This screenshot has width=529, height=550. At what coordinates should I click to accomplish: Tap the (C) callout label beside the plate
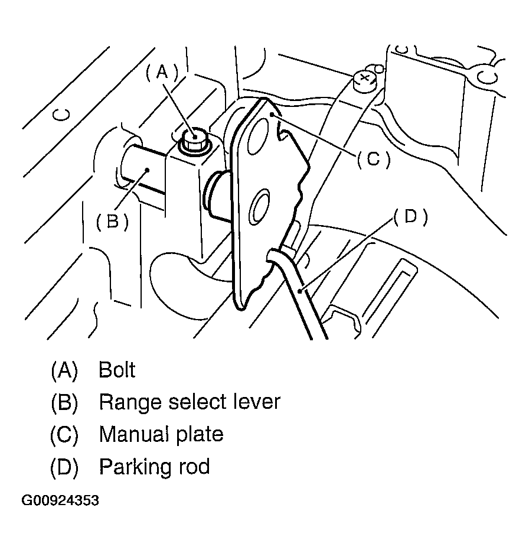pos(373,160)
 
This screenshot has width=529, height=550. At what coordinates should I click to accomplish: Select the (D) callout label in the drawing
pos(410,217)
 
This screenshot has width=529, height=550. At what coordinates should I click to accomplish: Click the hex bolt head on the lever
pos(193,139)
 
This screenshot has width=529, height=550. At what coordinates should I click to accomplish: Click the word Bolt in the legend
pos(117,370)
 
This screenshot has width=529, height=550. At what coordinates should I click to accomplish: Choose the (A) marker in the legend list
pos(64,370)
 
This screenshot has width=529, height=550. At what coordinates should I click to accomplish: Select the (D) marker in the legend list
pos(64,467)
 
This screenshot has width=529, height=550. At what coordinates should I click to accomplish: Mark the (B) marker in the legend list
pos(64,403)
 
